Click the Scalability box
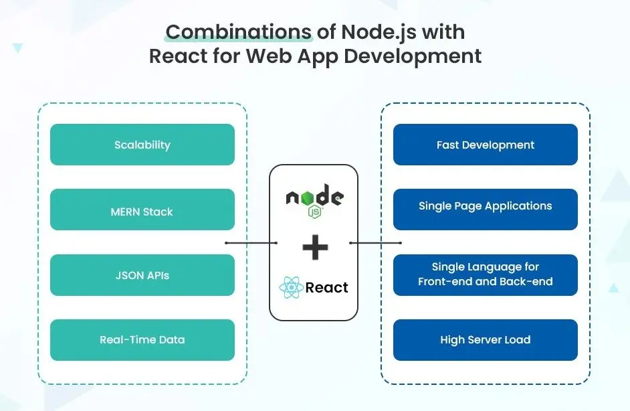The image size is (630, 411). click(142, 145)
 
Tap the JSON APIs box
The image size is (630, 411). click(142, 275)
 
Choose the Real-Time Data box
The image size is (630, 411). click(142, 340)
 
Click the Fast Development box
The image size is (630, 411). click(485, 145)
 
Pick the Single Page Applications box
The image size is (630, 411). click(485, 206)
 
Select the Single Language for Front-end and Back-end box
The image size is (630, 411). click(485, 274)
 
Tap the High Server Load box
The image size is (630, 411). click(485, 340)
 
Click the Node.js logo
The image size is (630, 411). click(314, 199)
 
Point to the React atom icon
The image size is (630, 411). click(291, 289)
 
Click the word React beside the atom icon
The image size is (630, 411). click(326, 288)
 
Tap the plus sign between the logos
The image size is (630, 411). click(315, 248)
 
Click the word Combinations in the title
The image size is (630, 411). click(238, 31)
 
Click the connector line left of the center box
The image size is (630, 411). click(251, 243)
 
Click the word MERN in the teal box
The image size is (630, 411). click(125, 212)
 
